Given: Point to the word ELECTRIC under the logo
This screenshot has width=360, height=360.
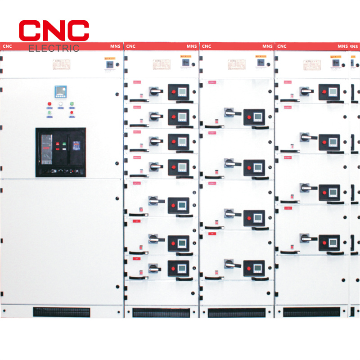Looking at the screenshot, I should [x=54, y=48].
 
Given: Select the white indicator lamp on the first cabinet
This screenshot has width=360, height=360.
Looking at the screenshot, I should [x=60, y=104].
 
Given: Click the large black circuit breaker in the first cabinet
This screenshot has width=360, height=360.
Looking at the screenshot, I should [x=61, y=152].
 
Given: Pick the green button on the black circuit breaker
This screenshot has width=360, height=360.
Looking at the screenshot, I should [x=64, y=145].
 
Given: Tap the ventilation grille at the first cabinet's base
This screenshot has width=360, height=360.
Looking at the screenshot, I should [x=61, y=311].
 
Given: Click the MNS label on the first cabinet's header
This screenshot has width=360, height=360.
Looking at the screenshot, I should [x=115, y=46].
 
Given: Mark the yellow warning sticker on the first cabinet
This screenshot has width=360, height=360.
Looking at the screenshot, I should [x=109, y=58].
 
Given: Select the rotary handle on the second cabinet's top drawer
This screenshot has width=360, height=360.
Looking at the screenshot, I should [x=155, y=91].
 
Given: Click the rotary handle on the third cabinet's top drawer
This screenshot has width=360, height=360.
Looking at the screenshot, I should [x=230, y=112].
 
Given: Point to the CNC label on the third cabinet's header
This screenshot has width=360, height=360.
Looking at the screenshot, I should [x=207, y=46].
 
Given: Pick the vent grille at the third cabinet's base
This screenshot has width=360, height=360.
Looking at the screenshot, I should [x=237, y=312].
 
